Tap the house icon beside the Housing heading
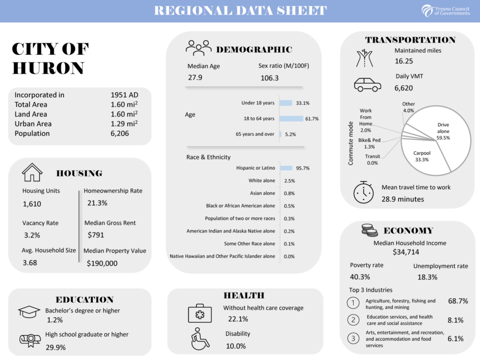coord(32,172)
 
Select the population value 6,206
coord(120,134)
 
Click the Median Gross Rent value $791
coord(96,235)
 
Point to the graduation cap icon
coord(29,312)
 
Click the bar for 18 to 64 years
coord(291,119)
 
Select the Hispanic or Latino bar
coord(286,168)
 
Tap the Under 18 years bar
coord(285,103)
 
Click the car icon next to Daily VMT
coord(367,84)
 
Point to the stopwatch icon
coord(363,192)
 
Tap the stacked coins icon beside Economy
coord(369,230)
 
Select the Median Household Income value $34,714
coord(410,252)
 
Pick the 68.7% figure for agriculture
coord(458,301)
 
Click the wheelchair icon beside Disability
coord(200,339)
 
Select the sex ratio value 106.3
coord(270,78)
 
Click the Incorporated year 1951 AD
coord(124,95)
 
